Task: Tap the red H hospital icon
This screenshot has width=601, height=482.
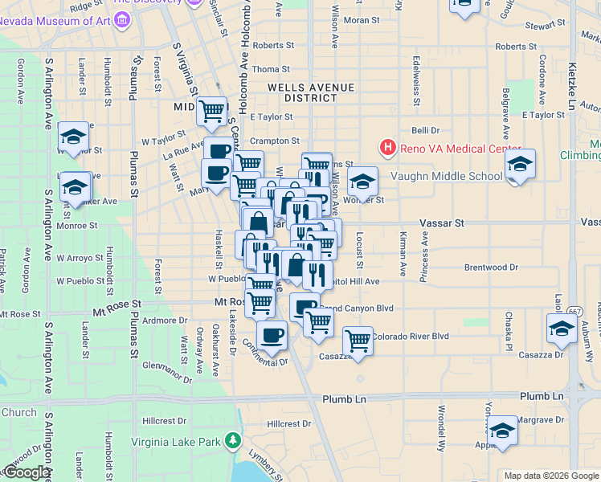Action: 387,148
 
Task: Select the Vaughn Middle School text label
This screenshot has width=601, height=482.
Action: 445,177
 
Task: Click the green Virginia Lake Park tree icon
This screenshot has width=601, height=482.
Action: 233,440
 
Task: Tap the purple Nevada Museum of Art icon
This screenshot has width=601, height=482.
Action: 122,18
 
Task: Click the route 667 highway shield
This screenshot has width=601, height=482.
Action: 575,310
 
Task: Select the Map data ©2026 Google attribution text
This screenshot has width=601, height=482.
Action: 550,476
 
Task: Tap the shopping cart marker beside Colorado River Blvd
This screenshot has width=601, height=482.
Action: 358,339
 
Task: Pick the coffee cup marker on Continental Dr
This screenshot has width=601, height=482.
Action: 272,334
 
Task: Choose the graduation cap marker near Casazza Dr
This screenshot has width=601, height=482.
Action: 562,328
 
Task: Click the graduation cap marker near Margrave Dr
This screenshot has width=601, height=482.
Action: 502,430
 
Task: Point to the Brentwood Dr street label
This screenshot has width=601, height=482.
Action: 491,267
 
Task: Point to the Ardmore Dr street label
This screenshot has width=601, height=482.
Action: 164,321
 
